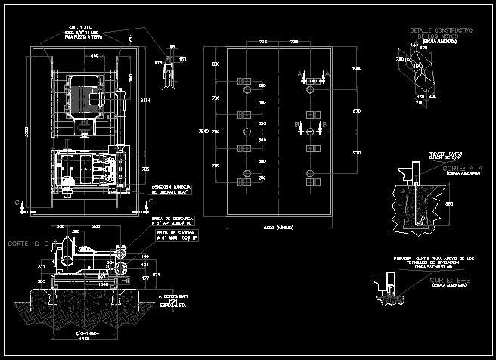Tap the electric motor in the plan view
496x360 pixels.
(x=85, y=96)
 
